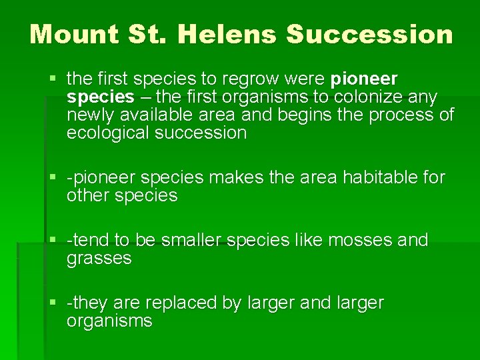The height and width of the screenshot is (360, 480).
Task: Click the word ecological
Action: (107, 133)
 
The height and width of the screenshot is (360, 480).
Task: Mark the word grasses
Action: (99, 258)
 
